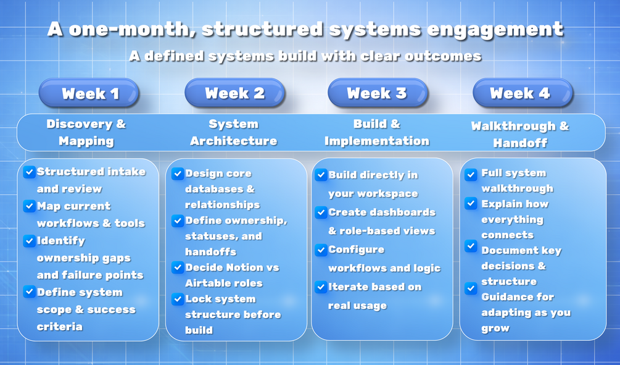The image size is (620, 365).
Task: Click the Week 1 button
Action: click(x=89, y=93)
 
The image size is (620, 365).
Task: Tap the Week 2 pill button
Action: click(x=235, y=93)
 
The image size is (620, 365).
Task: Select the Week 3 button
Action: click(x=378, y=93)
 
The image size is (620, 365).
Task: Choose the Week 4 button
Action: click(x=523, y=93)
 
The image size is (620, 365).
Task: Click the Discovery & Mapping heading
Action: click(x=86, y=132)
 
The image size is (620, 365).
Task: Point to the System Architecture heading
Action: click(x=234, y=132)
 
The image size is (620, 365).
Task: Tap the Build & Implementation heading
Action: click(x=377, y=132)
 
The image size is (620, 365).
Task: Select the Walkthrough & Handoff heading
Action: click(x=520, y=134)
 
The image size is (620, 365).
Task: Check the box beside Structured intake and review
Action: click(x=29, y=172)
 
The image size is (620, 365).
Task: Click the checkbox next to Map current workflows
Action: click(x=29, y=206)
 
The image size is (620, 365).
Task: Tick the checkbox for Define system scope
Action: click(x=29, y=292)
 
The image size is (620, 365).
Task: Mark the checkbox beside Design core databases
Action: click(x=178, y=174)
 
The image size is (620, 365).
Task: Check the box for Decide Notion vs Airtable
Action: click(x=178, y=267)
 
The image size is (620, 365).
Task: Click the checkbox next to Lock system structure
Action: click(x=178, y=299)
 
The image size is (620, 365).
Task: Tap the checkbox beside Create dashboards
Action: click(x=321, y=212)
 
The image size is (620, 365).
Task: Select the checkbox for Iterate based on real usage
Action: click(x=321, y=287)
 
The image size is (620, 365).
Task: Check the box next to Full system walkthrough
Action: click(x=471, y=174)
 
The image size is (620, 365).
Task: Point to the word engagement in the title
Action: click(x=495, y=30)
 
